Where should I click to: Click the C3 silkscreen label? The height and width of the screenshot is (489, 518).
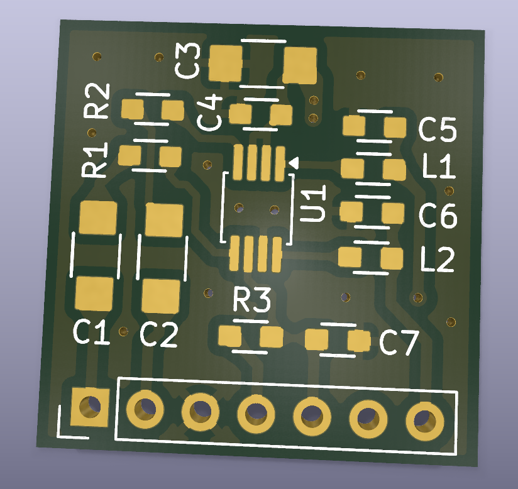[x=187, y=61]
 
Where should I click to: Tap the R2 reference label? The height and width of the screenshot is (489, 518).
[x=96, y=101]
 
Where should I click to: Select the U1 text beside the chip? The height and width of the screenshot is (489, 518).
[x=312, y=203]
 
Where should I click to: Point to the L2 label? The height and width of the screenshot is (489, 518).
[x=438, y=260]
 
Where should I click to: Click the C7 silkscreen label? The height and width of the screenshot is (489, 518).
[x=399, y=343]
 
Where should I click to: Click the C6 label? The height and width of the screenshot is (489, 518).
[x=438, y=216]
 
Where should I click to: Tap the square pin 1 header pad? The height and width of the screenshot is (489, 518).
[x=90, y=407]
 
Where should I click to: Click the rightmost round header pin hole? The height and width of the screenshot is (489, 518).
[x=425, y=421]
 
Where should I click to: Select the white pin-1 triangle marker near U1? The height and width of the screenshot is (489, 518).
[x=294, y=163]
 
